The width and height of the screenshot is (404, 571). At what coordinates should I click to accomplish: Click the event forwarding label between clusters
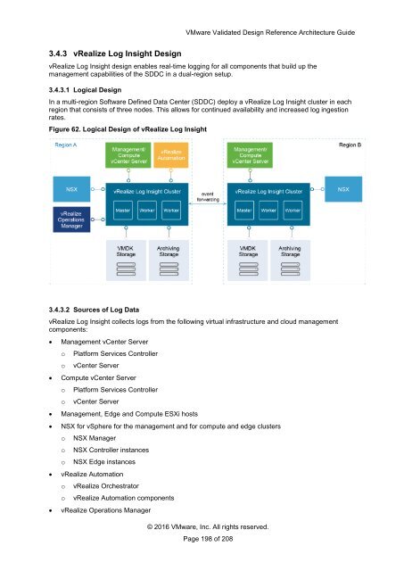(x=207, y=196)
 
